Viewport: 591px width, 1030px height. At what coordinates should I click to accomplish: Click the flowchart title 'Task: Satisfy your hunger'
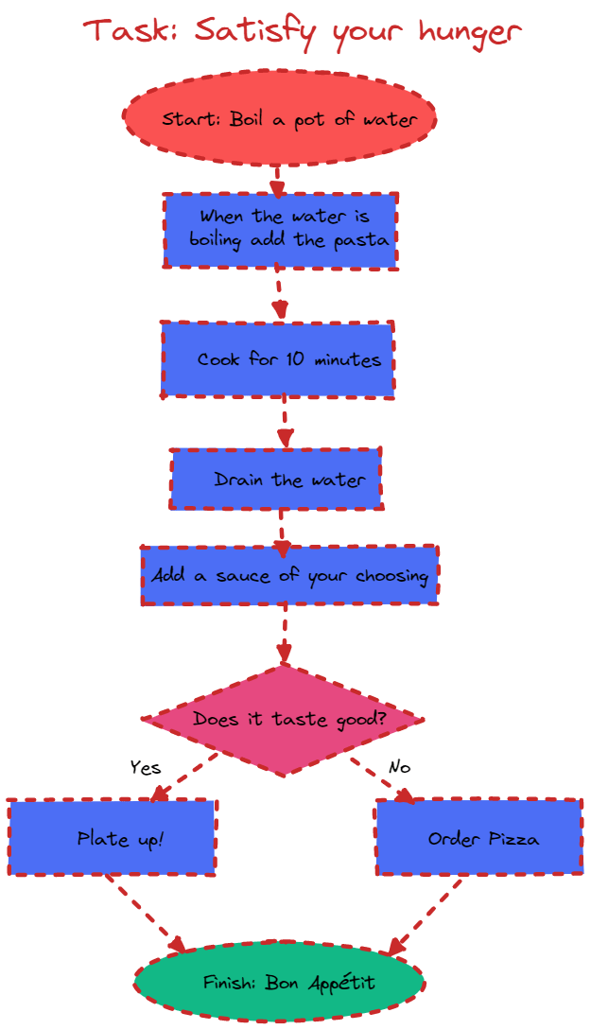tap(302, 31)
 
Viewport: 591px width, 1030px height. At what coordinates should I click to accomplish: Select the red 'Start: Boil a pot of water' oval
tap(280, 118)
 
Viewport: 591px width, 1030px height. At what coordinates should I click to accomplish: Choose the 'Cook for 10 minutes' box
tap(278, 358)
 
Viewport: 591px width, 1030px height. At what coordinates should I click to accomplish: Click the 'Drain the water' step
tap(276, 479)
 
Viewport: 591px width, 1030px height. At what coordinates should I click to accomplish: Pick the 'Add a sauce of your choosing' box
tap(289, 575)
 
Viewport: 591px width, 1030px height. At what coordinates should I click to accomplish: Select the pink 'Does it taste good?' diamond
tap(283, 721)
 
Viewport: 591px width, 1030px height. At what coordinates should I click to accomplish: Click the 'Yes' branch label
tap(146, 767)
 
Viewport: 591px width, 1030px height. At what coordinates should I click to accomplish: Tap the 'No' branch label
tap(399, 767)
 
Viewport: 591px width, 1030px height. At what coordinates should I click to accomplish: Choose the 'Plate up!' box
tap(113, 837)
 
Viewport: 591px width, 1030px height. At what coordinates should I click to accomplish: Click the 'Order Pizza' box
tap(479, 837)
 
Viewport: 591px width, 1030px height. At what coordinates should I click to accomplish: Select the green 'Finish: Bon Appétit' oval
tap(279, 983)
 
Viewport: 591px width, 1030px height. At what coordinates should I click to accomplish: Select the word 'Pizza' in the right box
tap(513, 838)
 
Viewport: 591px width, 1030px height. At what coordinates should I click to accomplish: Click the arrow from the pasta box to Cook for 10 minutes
tap(278, 294)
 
